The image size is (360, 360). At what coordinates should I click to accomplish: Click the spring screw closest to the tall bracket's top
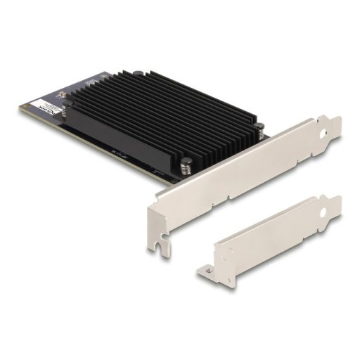(259, 128)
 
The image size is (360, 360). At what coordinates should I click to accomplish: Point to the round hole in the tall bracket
(325, 130)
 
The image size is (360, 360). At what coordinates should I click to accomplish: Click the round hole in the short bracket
(325, 210)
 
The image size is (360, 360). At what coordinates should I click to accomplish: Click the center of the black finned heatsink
(162, 116)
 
